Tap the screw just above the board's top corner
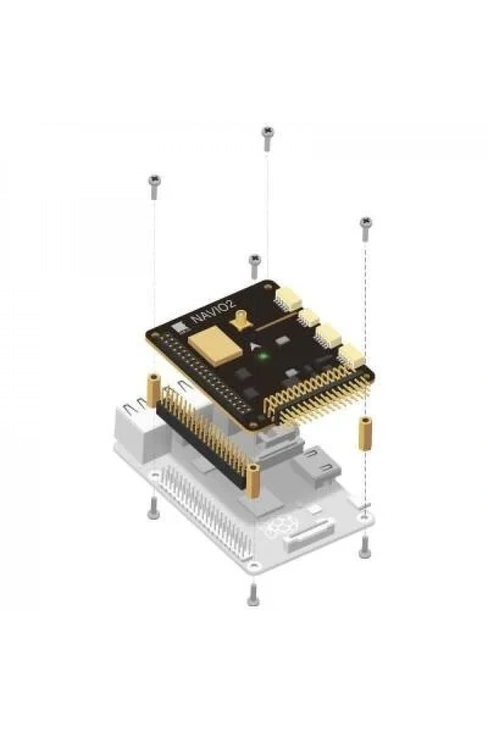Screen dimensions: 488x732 pyautogui.click(x=254, y=266)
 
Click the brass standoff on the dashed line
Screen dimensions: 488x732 pyautogui.click(x=364, y=434)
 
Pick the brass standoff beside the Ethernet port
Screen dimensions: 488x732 pyautogui.click(x=153, y=390)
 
